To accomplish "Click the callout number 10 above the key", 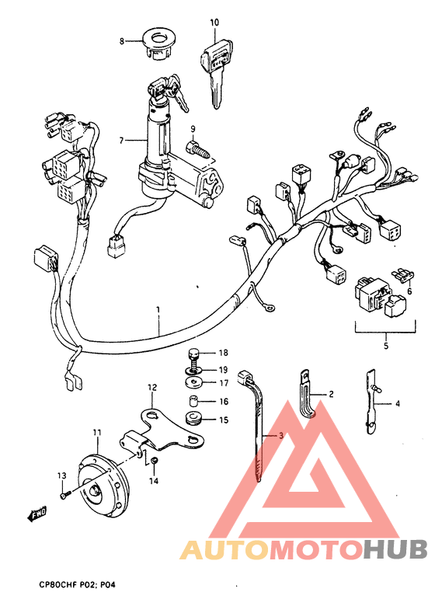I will tap(214, 23).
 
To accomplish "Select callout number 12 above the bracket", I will tap(152, 387).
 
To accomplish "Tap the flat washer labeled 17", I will tap(193, 381).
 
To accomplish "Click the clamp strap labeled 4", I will tap(371, 400).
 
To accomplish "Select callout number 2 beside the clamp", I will tap(330, 395).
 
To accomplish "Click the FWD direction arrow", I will tap(37, 513).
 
